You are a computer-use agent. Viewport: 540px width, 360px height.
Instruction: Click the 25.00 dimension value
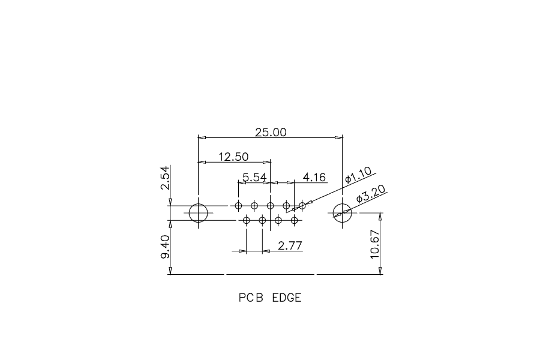coord(271,132)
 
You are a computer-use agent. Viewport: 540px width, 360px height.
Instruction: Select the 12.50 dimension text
coord(233,157)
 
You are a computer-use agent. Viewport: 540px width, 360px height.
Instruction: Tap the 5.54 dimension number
coord(254,178)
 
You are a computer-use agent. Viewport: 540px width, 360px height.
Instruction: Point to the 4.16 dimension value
coord(314,178)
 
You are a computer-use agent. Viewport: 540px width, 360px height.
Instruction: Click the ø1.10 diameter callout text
coord(359,175)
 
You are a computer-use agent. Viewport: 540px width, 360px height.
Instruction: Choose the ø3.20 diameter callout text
coord(370,194)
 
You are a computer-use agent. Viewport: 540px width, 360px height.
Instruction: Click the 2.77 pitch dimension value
coord(290,245)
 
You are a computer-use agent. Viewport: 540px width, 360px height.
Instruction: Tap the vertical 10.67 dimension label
coord(374,244)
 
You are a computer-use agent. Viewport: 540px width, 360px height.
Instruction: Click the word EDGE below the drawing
coord(287,298)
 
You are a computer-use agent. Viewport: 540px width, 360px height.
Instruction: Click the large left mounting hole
coord(199,203)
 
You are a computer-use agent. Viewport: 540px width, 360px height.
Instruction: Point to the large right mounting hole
coord(343,203)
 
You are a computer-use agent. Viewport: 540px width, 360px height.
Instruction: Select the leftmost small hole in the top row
coord(238,203)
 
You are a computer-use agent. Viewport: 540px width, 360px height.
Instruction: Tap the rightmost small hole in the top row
coord(302,203)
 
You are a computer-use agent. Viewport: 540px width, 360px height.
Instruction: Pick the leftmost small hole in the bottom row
coord(246,217)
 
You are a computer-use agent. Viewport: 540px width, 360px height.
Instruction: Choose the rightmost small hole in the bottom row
coord(294,217)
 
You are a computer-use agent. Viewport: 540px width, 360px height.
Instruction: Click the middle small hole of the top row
coord(271,203)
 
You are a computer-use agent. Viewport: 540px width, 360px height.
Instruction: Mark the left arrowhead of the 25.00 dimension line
coord(202,137)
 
